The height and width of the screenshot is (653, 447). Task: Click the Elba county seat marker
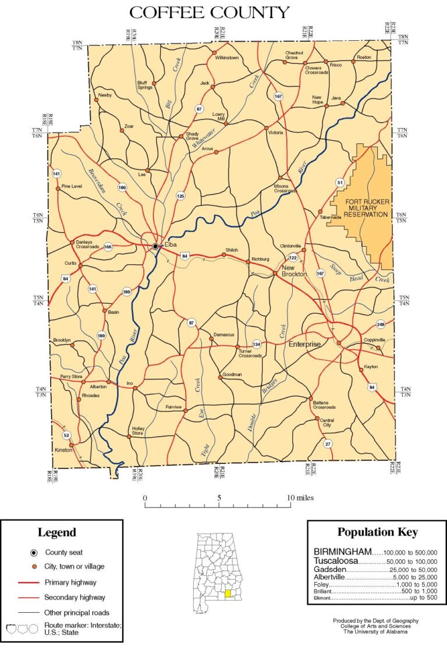click(x=155, y=247)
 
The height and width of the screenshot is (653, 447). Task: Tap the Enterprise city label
click(x=304, y=345)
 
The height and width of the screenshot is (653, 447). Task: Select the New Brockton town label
click(x=294, y=271)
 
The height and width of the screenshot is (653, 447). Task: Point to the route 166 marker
click(x=108, y=247)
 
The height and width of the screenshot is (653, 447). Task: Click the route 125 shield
click(x=180, y=197)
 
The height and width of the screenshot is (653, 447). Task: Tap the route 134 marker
click(x=257, y=344)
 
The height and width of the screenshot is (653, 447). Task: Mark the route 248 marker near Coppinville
click(x=381, y=324)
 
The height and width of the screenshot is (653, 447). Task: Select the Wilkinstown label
click(x=227, y=58)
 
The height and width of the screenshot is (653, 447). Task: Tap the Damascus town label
click(x=224, y=335)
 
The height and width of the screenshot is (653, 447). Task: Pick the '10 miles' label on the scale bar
click(x=300, y=498)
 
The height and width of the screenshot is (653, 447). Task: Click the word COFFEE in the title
click(x=166, y=12)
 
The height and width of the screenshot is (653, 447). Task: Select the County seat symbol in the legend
click(x=34, y=552)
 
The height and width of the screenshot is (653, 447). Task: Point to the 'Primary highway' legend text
click(x=70, y=582)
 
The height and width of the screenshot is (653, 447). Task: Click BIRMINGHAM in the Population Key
click(x=342, y=551)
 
